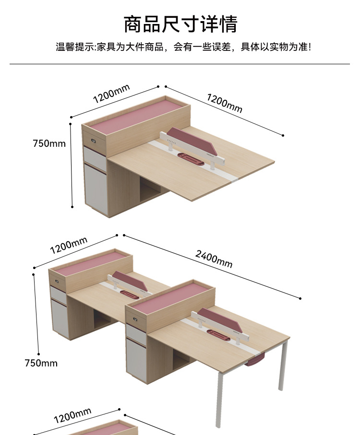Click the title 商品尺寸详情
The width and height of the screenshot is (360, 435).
coord(180,24)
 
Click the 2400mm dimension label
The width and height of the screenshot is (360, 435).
coord(214,259)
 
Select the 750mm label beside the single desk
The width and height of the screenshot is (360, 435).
coord(49,143)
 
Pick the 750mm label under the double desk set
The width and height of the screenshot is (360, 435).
coord(41,363)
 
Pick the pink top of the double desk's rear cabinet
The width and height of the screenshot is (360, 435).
coord(91,264)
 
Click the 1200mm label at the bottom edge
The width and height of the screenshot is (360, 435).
coord(72,415)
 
